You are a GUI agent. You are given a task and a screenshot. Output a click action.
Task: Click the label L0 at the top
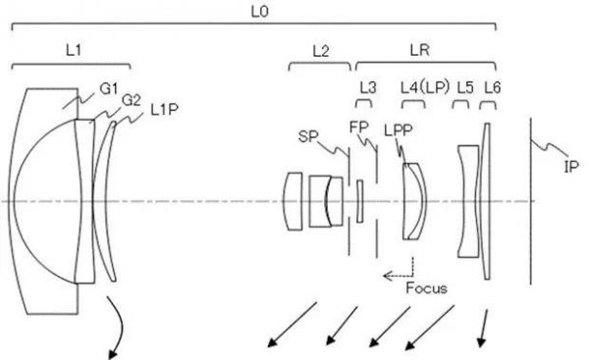click(x=260, y=12)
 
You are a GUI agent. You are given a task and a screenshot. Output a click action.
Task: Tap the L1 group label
click(x=74, y=50)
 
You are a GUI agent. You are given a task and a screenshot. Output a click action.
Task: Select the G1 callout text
click(x=109, y=89)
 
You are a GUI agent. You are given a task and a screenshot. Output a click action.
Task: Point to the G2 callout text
click(x=132, y=100)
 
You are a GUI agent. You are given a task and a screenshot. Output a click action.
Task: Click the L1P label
click(x=164, y=110)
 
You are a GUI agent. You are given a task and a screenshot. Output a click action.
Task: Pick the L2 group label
click(x=321, y=51)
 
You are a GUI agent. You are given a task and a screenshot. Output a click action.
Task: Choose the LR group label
click(x=419, y=50)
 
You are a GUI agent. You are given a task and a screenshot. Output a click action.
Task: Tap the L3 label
click(x=368, y=88)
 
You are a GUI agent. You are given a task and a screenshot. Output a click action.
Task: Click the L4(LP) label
click(x=425, y=88)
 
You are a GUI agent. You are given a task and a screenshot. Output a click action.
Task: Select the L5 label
click(x=465, y=88)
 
